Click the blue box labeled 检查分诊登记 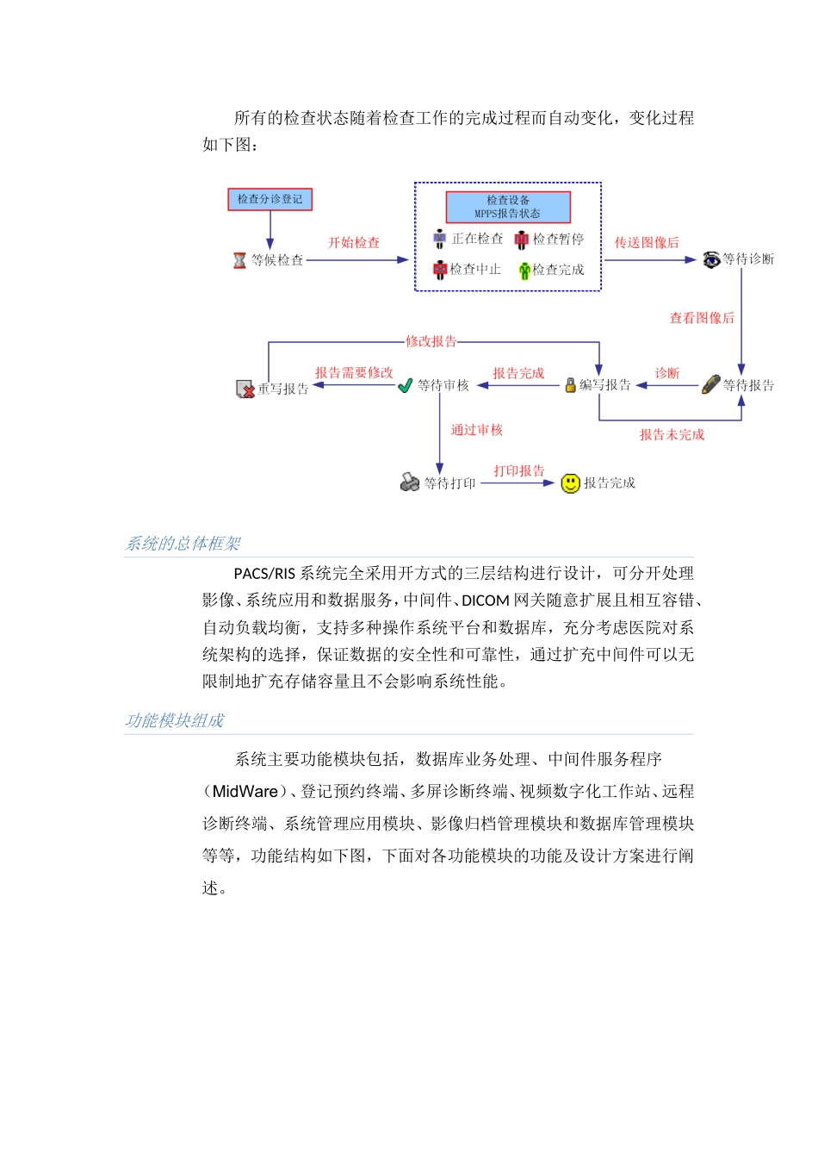pos(270,199)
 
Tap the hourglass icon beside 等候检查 pos(239,260)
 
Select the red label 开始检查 pos(353,243)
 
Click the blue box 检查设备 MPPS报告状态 pos(507,207)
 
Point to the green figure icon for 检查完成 pos(524,271)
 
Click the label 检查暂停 pos(558,239)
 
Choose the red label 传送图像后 pos(646,243)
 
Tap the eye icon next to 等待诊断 pos(711,259)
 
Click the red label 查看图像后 pos(702,318)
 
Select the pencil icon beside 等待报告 pos(711,384)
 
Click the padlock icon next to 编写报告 pos(570,385)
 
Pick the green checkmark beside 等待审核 pos(406,385)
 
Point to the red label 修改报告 pos(431,342)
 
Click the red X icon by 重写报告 pos(245,389)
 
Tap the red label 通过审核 pos(476,430)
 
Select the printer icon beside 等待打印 pos(410,482)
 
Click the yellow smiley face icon pos(570,483)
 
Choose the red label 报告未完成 pos(672,435)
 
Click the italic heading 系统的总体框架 pos(183,544)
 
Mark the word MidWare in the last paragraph pos(245,792)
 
